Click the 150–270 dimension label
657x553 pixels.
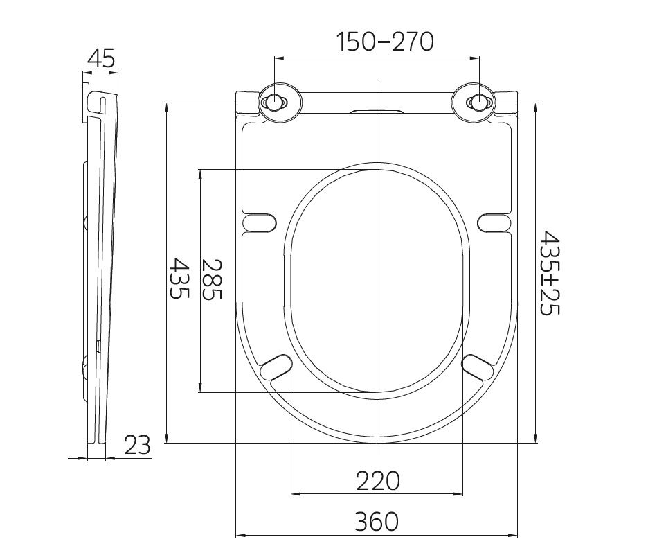385,42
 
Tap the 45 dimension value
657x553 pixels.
100,58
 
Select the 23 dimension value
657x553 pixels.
138,445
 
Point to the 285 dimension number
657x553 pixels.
212,280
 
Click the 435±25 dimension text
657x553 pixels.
549,273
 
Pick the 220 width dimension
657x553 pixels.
378,481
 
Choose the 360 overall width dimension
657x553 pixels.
377,522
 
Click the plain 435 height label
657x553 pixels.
179,278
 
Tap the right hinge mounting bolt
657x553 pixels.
479,101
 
